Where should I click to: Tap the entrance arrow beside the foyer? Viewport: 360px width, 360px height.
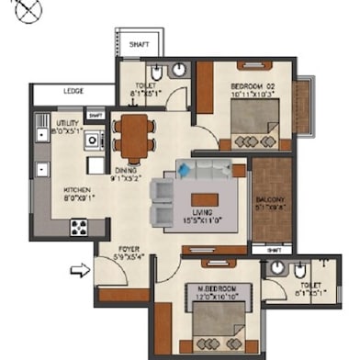[81, 270]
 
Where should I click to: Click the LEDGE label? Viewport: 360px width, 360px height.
[73, 92]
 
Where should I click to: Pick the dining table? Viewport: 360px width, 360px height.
[134, 138]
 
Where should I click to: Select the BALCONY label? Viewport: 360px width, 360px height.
[271, 199]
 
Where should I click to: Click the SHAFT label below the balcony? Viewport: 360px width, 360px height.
[273, 249]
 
